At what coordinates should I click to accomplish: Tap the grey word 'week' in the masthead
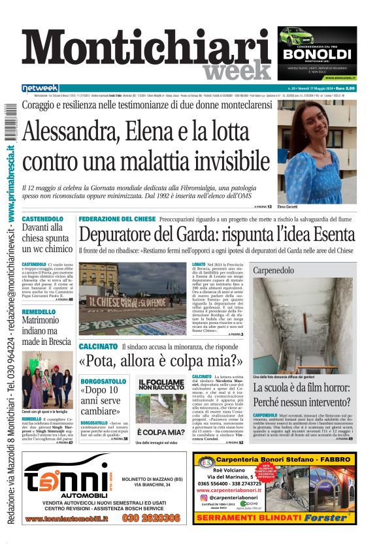236,71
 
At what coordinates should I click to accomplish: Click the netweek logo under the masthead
40,88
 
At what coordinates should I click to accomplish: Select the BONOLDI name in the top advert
317,54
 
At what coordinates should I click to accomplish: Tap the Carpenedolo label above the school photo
273,270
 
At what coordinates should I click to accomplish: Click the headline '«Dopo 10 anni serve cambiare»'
103,399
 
